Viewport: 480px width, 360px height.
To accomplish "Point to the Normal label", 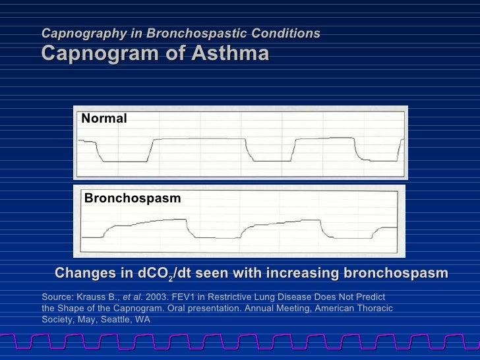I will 104,118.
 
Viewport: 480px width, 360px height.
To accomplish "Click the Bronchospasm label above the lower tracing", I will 133,198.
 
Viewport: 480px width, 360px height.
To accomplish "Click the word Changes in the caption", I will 82,274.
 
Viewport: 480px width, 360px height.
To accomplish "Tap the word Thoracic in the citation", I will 371,309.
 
